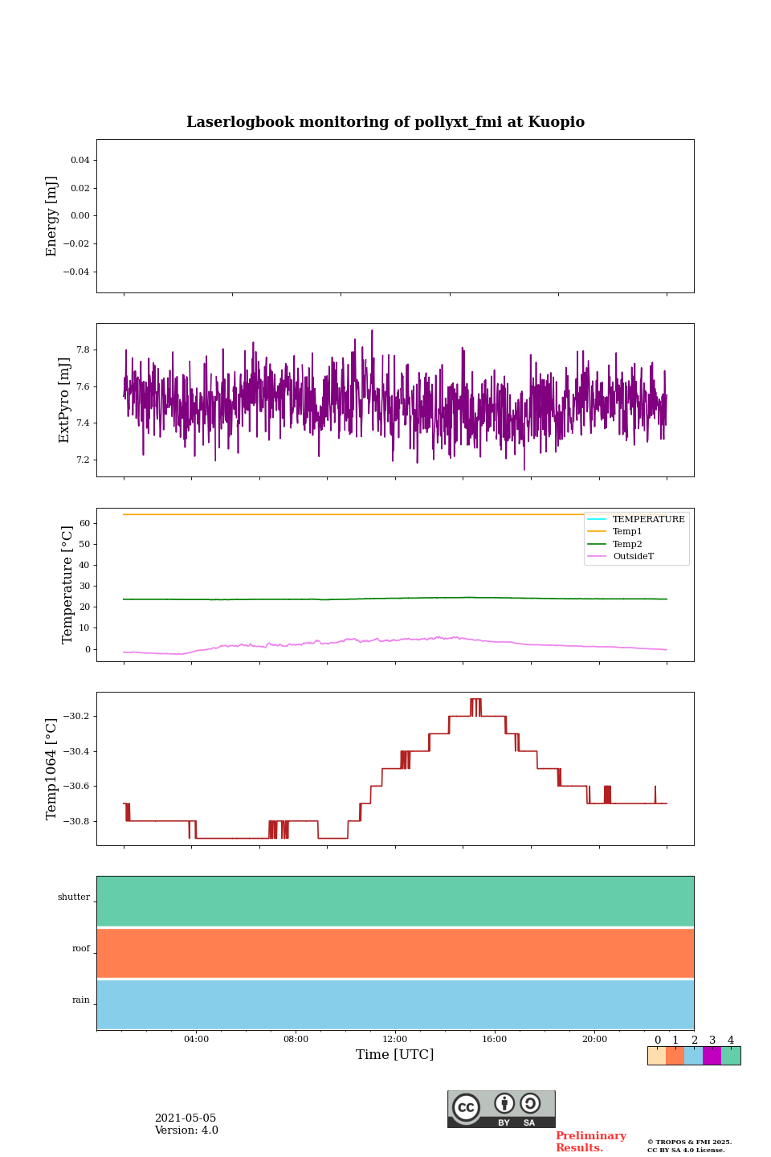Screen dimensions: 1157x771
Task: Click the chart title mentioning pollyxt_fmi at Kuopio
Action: [385, 122]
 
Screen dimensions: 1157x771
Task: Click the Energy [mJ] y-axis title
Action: [52, 216]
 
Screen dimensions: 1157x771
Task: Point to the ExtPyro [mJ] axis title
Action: [65, 400]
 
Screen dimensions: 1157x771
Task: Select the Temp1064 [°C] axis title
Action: [52, 769]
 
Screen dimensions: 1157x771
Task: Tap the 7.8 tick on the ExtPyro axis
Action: [83, 350]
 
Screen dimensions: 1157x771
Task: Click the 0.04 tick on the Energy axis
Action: [80, 161]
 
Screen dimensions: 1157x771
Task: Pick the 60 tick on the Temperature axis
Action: [84, 523]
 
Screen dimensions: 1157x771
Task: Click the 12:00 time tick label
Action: [395, 1040]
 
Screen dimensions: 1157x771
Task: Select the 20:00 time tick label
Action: [594, 1040]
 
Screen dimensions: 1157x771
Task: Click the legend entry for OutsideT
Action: [633, 557]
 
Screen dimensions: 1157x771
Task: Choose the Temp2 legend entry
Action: [627, 545]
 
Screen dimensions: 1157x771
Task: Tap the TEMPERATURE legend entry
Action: [648, 520]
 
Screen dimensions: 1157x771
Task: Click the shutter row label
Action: [74, 897]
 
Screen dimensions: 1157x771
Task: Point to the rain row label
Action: [81, 1000]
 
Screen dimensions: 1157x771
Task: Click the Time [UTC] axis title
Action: [395, 1055]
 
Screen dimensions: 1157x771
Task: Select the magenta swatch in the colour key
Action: [712, 1056]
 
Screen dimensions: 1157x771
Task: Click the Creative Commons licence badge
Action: [501, 1109]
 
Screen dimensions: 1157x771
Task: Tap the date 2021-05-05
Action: [186, 1118]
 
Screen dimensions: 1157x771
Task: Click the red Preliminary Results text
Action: [590, 1142]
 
